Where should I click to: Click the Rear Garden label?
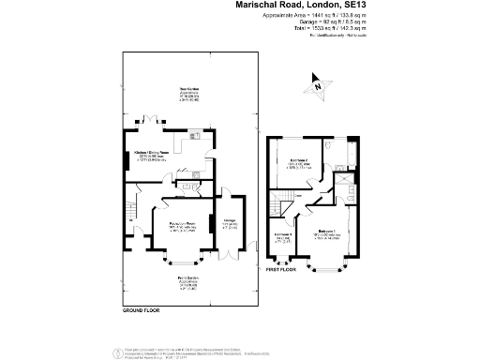point(190,90)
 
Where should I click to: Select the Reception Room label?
point(175,223)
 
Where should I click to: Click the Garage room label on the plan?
point(228,223)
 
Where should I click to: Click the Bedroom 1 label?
point(326,230)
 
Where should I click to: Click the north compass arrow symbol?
point(321,87)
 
